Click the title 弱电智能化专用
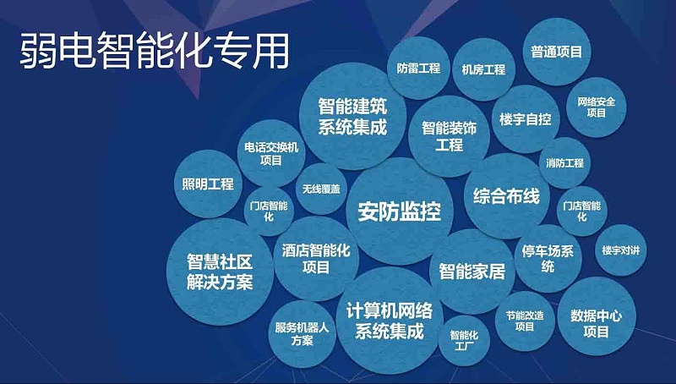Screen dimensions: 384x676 click(154, 50)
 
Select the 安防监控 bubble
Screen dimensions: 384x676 click(400, 211)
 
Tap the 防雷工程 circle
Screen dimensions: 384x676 click(418, 69)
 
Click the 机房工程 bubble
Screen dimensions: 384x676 click(478, 69)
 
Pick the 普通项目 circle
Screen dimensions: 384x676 click(556, 52)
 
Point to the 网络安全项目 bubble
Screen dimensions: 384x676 click(597, 107)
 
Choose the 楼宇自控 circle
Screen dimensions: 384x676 click(525, 119)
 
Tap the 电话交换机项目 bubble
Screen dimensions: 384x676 click(271, 153)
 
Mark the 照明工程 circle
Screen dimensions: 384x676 click(207, 184)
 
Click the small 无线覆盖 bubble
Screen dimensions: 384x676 click(320, 189)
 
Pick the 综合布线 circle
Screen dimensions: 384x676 click(506, 196)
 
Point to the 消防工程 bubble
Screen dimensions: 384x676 click(564, 162)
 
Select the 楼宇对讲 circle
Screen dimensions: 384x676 click(621, 251)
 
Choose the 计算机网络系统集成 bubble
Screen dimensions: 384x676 click(384, 319)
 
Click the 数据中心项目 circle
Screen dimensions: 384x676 click(596, 322)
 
